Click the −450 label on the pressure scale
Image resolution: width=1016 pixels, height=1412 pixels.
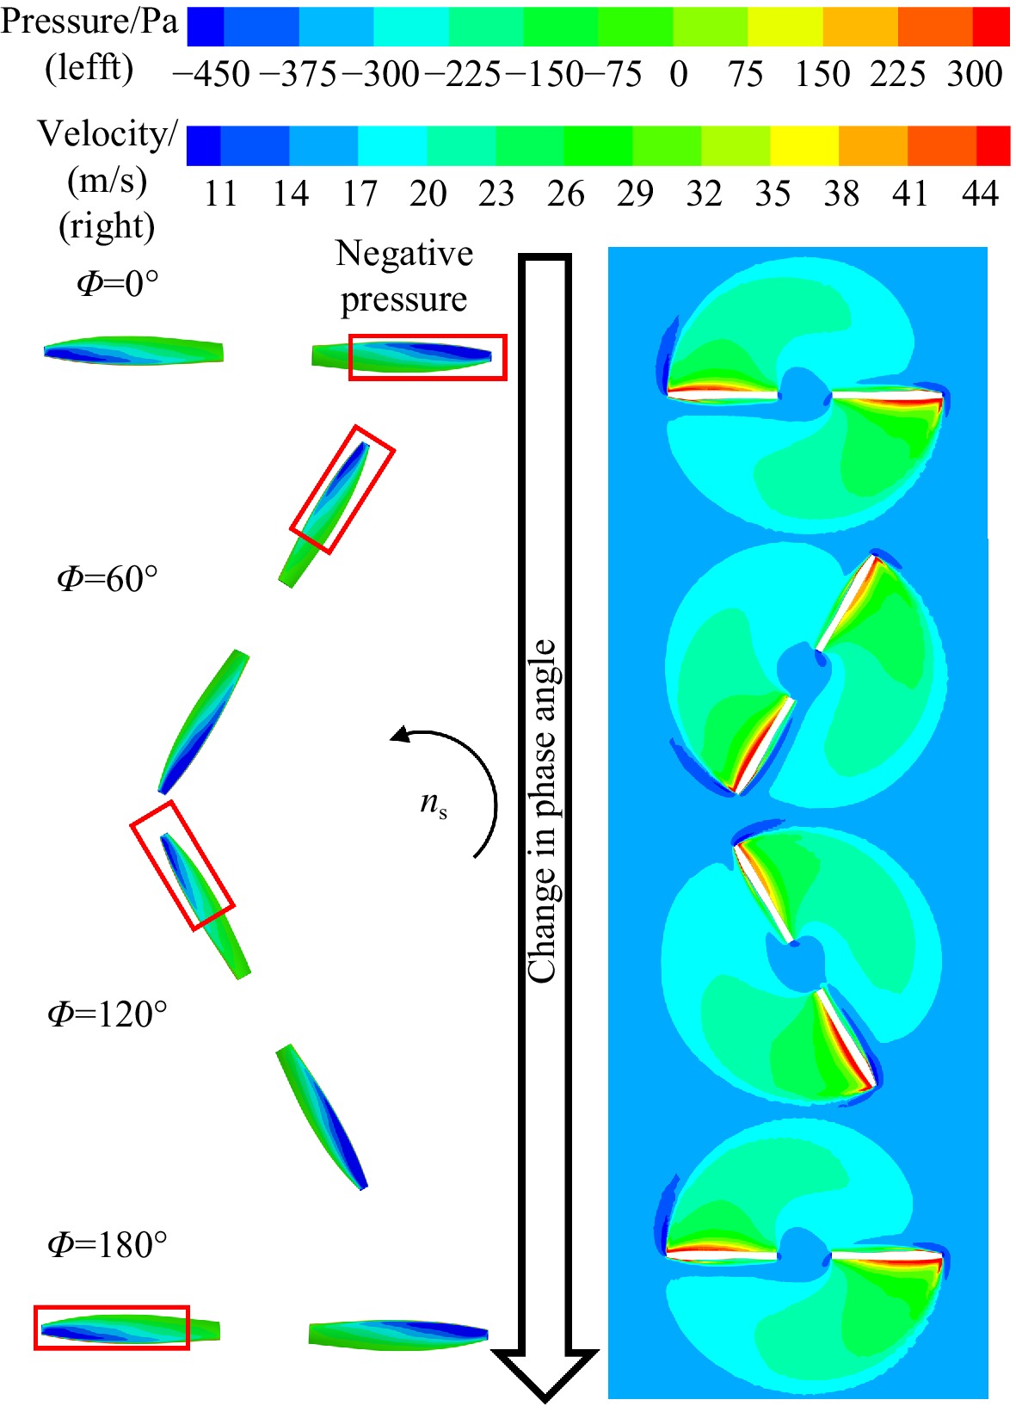pos(211,74)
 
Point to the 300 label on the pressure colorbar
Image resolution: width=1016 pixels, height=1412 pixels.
pos(974,74)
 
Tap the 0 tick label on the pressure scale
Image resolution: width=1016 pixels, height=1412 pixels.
pos(678,74)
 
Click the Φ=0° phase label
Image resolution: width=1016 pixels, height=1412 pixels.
pos(117,284)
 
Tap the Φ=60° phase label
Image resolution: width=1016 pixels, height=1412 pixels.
pos(108,578)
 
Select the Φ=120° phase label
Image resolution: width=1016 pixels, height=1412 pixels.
pos(108,1014)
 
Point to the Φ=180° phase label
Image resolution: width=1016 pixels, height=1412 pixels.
pos(108,1243)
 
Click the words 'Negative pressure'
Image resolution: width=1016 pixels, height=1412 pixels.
pos(404,276)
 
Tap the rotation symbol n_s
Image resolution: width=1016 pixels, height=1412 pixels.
pos(434,805)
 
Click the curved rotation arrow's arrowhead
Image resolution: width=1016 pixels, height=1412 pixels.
pos(399,734)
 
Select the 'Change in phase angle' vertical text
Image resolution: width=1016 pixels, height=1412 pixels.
pos(542,810)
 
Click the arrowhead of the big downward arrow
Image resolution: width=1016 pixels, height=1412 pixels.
pos(545,1374)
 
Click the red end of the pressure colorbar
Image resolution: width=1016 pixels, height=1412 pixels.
pos(991,27)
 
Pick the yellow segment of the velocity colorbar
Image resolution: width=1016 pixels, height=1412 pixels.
pos(804,145)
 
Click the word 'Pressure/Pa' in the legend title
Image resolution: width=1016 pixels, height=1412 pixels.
pos(89,22)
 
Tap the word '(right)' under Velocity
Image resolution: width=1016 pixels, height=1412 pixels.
pos(107,226)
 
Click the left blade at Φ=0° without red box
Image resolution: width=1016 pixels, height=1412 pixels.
pos(133,351)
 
